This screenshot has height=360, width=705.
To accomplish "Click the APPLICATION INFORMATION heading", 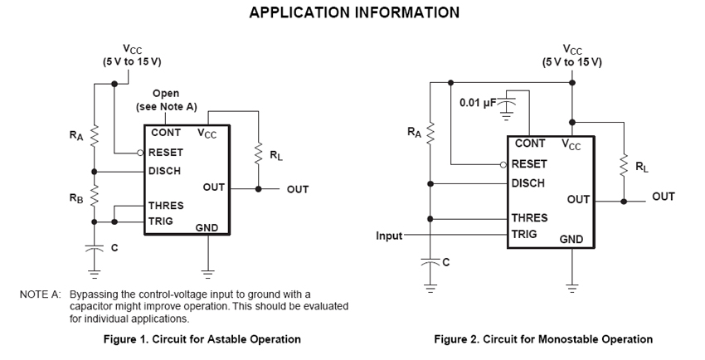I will pyautogui.click(x=354, y=12).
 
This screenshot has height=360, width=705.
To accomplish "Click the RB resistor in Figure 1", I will pyautogui.click(x=95, y=197).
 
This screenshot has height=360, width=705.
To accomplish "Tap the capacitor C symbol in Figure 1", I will pyautogui.click(x=95, y=246).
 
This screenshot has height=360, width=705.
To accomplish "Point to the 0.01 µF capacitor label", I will pyautogui.click(x=477, y=104).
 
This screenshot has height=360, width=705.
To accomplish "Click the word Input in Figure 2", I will pyautogui.click(x=389, y=236).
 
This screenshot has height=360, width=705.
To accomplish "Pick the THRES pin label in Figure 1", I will pyautogui.click(x=166, y=205).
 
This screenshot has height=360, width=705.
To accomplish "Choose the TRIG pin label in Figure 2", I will pyautogui.click(x=525, y=235).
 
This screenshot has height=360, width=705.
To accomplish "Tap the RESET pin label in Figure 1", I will pyautogui.click(x=166, y=153).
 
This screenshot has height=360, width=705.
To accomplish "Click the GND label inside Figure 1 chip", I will pyautogui.click(x=207, y=226).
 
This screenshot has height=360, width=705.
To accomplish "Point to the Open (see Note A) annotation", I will pyautogui.click(x=166, y=100).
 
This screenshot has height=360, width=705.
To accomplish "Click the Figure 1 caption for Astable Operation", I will pyautogui.click(x=202, y=339).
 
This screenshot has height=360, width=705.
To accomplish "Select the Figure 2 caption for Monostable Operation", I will pyautogui.click(x=543, y=339).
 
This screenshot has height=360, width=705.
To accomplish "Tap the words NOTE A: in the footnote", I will pyautogui.click(x=41, y=294).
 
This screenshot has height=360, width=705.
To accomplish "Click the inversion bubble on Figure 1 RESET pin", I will pyautogui.click(x=141, y=153).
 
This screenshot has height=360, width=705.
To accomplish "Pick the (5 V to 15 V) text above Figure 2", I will pyautogui.click(x=572, y=62).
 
